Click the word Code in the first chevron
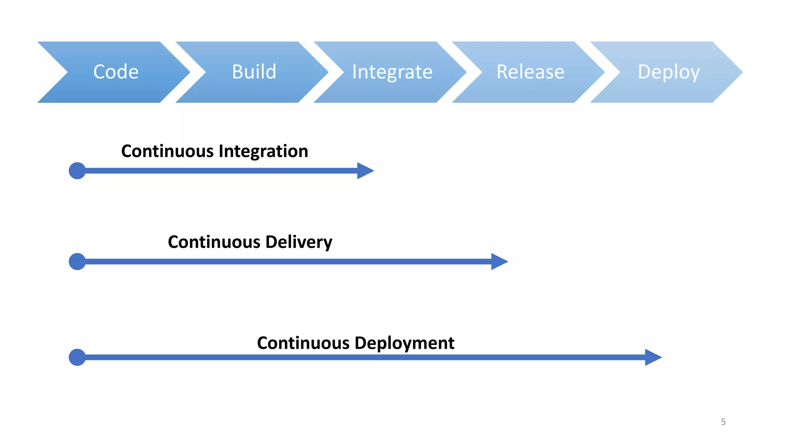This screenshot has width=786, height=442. (116, 72)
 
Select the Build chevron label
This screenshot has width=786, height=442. (254, 72)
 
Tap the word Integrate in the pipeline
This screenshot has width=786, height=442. (392, 72)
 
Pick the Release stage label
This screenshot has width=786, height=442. (530, 72)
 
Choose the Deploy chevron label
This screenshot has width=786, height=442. (669, 72)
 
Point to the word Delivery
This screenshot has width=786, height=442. (299, 242)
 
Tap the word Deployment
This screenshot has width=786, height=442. (405, 343)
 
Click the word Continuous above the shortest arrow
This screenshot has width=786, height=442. (167, 151)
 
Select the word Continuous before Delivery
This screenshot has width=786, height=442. (214, 242)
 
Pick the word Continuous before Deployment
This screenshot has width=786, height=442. (303, 343)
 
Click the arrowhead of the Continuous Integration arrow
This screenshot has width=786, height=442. (365, 171)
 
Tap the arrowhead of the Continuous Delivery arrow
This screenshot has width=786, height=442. (499, 262)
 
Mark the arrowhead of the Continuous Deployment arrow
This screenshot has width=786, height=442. (653, 357)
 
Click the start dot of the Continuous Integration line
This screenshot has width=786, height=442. (77, 171)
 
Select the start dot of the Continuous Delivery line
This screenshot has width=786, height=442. (77, 262)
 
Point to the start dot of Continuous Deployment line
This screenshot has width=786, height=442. (77, 357)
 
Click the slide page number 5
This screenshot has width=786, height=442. (723, 422)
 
